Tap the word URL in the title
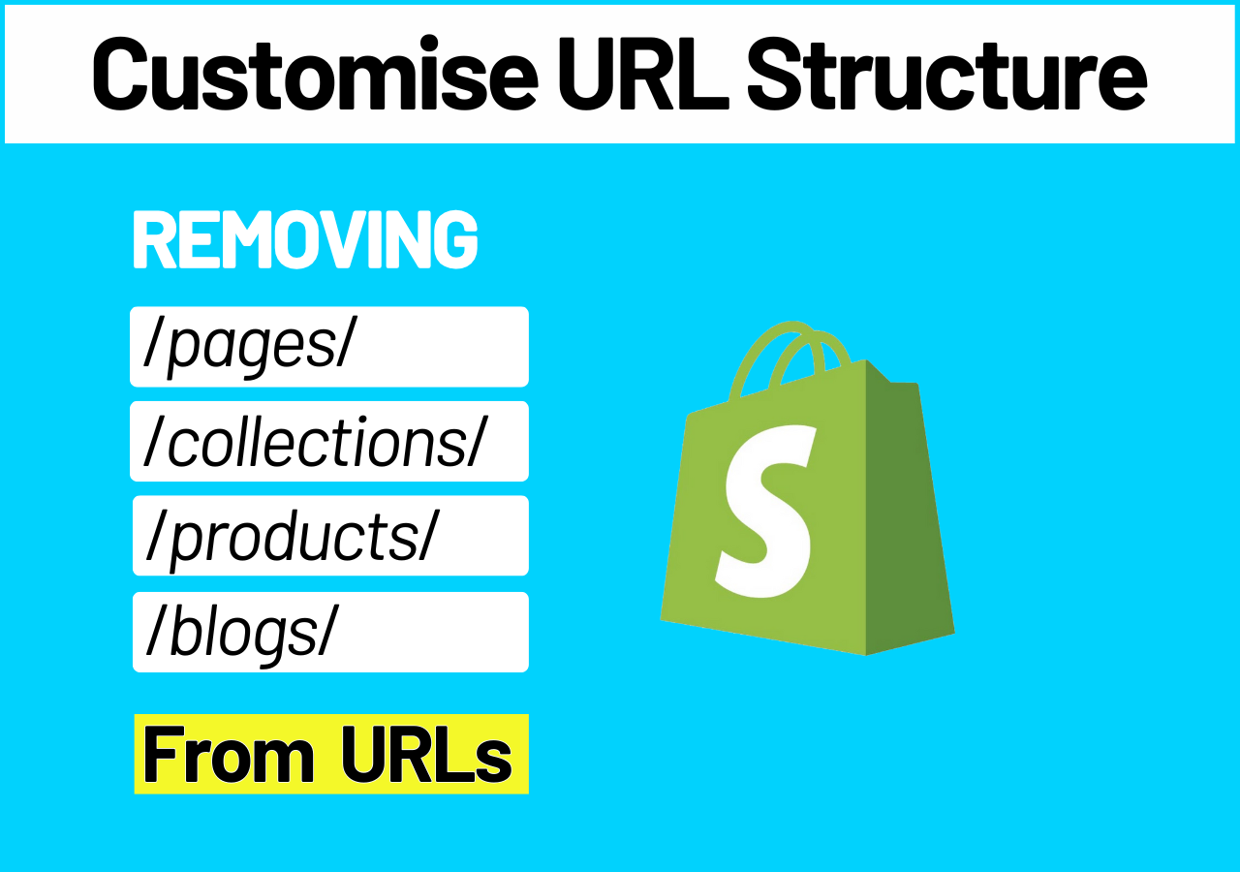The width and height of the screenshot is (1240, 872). [644, 73]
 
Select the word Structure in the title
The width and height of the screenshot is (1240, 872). [947, 73]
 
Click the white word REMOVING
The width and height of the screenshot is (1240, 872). [305, 239]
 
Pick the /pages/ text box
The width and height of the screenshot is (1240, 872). [329, 347]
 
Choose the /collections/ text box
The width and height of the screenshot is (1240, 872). [329, 441]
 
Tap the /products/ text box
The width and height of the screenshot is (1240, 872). [330, 536]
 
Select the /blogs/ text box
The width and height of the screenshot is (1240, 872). [330, 632]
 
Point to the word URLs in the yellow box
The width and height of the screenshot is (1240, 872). [426, 755]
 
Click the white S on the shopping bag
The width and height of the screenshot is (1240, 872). [766, 511]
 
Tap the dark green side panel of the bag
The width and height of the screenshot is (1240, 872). [908, 510]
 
